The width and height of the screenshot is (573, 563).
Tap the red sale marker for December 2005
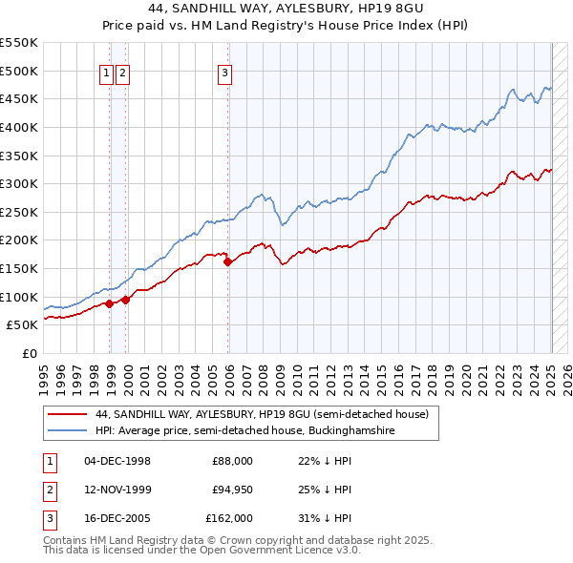(x=227, y=261)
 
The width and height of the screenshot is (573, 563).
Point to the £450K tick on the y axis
(x=19, y=98)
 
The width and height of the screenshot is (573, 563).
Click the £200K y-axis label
(x=19, y=240)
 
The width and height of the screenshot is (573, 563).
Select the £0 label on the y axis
(x=29, y=353)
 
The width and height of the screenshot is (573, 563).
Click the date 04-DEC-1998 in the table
(x=117, y=461)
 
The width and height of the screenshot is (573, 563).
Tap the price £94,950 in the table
(x=230, y=490)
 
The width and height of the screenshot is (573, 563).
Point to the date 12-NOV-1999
(x=117, y=490)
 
